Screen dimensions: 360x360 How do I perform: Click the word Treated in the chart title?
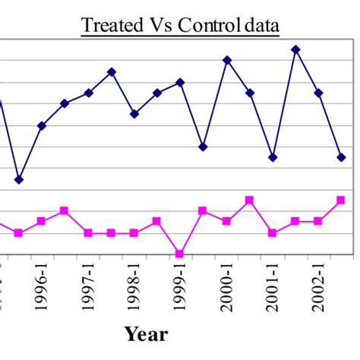[110, 25]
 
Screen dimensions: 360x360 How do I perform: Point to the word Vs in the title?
[159, 25]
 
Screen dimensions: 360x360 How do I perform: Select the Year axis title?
[146, 333]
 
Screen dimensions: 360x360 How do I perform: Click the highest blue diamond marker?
[295, 49]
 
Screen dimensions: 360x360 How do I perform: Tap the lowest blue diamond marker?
[19, 180]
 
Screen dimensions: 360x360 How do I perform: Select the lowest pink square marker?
[180, 254]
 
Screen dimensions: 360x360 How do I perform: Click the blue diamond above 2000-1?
[226, 60]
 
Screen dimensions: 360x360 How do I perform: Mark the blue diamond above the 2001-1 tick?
[273, 157]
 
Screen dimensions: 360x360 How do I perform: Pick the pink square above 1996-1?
[41, 221]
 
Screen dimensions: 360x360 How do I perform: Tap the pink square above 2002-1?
[318, 221]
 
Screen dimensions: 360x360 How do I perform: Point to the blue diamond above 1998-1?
[134, 114]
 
